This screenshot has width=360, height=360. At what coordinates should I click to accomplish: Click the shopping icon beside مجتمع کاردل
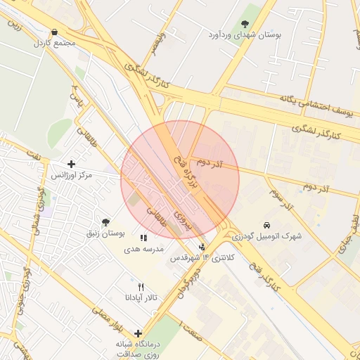[55, 32]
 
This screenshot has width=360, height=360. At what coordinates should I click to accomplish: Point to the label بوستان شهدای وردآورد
[245, 34]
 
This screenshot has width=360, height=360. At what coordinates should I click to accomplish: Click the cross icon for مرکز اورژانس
[71, 164]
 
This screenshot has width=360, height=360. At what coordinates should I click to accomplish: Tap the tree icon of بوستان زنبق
[105, 222]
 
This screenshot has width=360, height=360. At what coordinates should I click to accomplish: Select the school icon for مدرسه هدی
[143, 238]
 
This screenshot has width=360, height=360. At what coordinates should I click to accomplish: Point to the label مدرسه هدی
[144, 249]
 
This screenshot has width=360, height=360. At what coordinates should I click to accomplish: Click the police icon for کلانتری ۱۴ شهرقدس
[203, 247]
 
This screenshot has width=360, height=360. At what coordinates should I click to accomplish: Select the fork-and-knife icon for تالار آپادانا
[141, 287]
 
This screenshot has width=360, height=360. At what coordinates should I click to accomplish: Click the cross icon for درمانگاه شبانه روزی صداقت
[138, 333]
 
